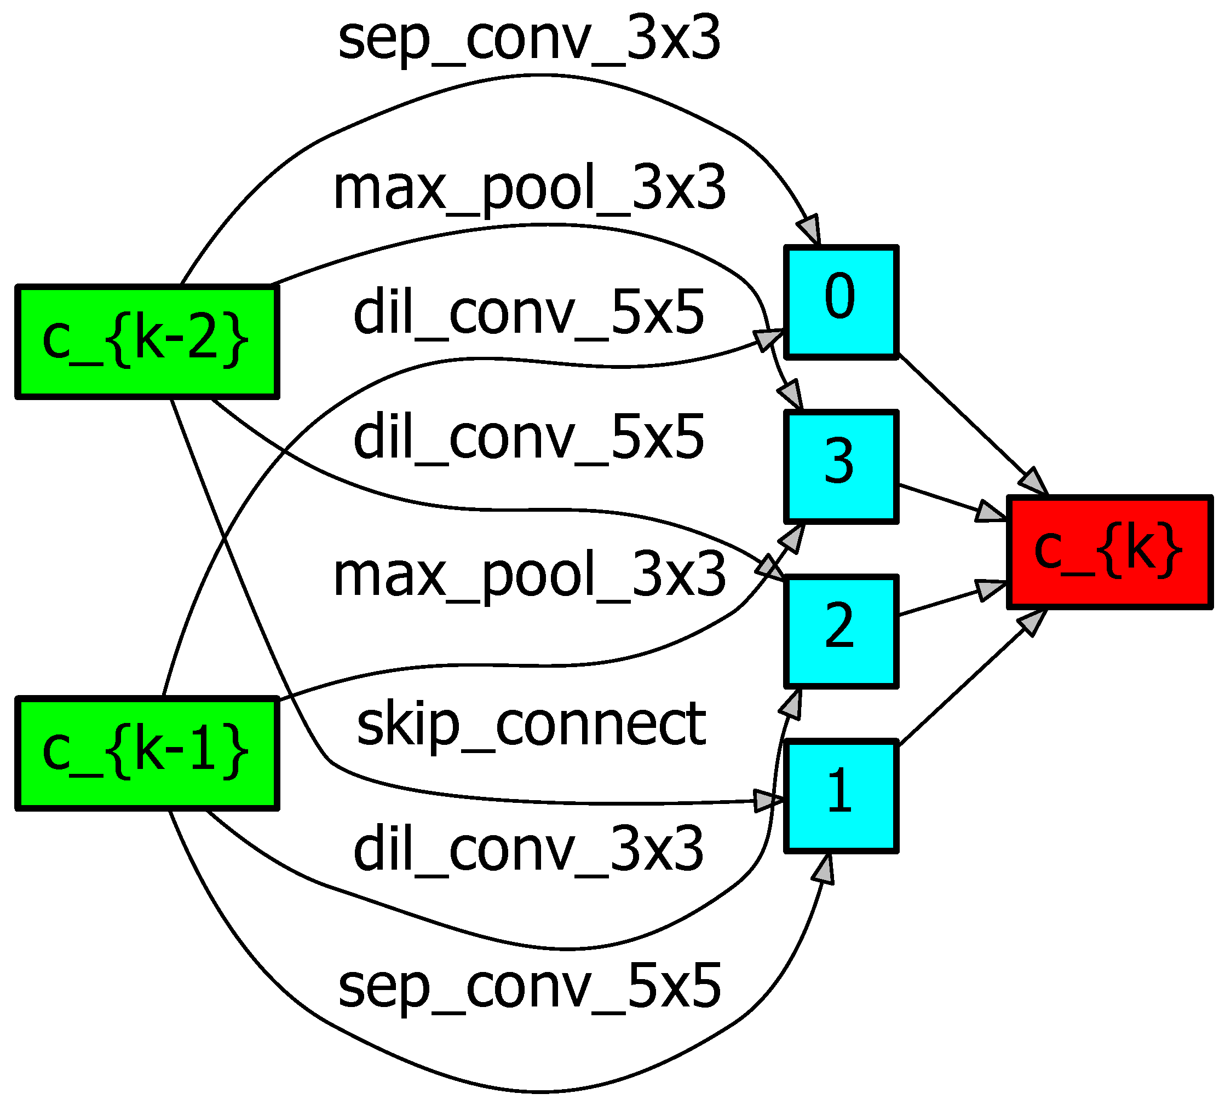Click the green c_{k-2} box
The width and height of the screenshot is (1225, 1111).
click(x=147, y=342)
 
